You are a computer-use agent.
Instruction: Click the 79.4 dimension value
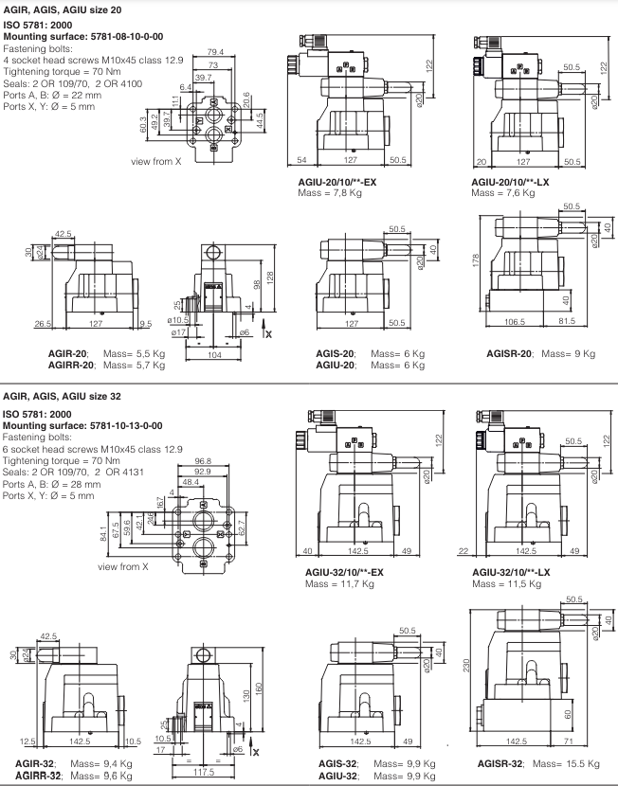[x=215, y=51]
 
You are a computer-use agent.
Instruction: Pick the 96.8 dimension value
[x=203, y=460]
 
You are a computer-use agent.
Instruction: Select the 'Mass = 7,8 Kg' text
[x=329, y=192]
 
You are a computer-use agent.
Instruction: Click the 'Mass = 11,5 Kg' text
[x=505, y=583]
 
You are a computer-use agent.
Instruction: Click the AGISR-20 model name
[x=508, y=353]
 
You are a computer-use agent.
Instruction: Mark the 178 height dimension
[x=477, y=259]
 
